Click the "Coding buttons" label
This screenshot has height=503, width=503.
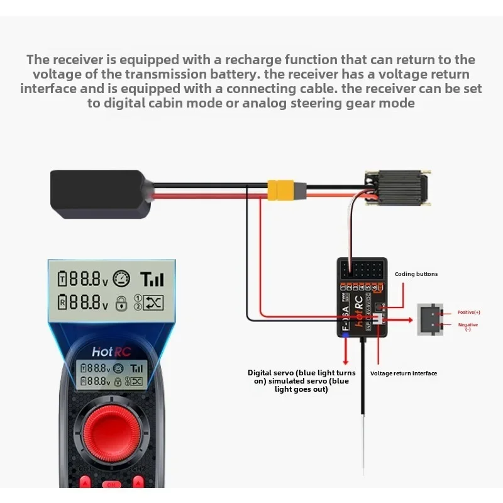[416, 274]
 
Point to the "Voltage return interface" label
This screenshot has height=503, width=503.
[403, 373]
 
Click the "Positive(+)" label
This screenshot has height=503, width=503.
[468, 312]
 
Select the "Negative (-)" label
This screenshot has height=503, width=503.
[468, 327]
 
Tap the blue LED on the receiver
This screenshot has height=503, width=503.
[345, 334]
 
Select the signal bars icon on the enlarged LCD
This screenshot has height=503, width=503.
[152, 279]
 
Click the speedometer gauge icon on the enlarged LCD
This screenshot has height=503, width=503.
[121, 277]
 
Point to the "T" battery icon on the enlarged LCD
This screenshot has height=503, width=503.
[62, 279]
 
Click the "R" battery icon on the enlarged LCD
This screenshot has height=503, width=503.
[62, 304]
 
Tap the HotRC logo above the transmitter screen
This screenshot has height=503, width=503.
[111, 352]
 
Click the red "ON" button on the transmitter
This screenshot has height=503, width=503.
[111, 485]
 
